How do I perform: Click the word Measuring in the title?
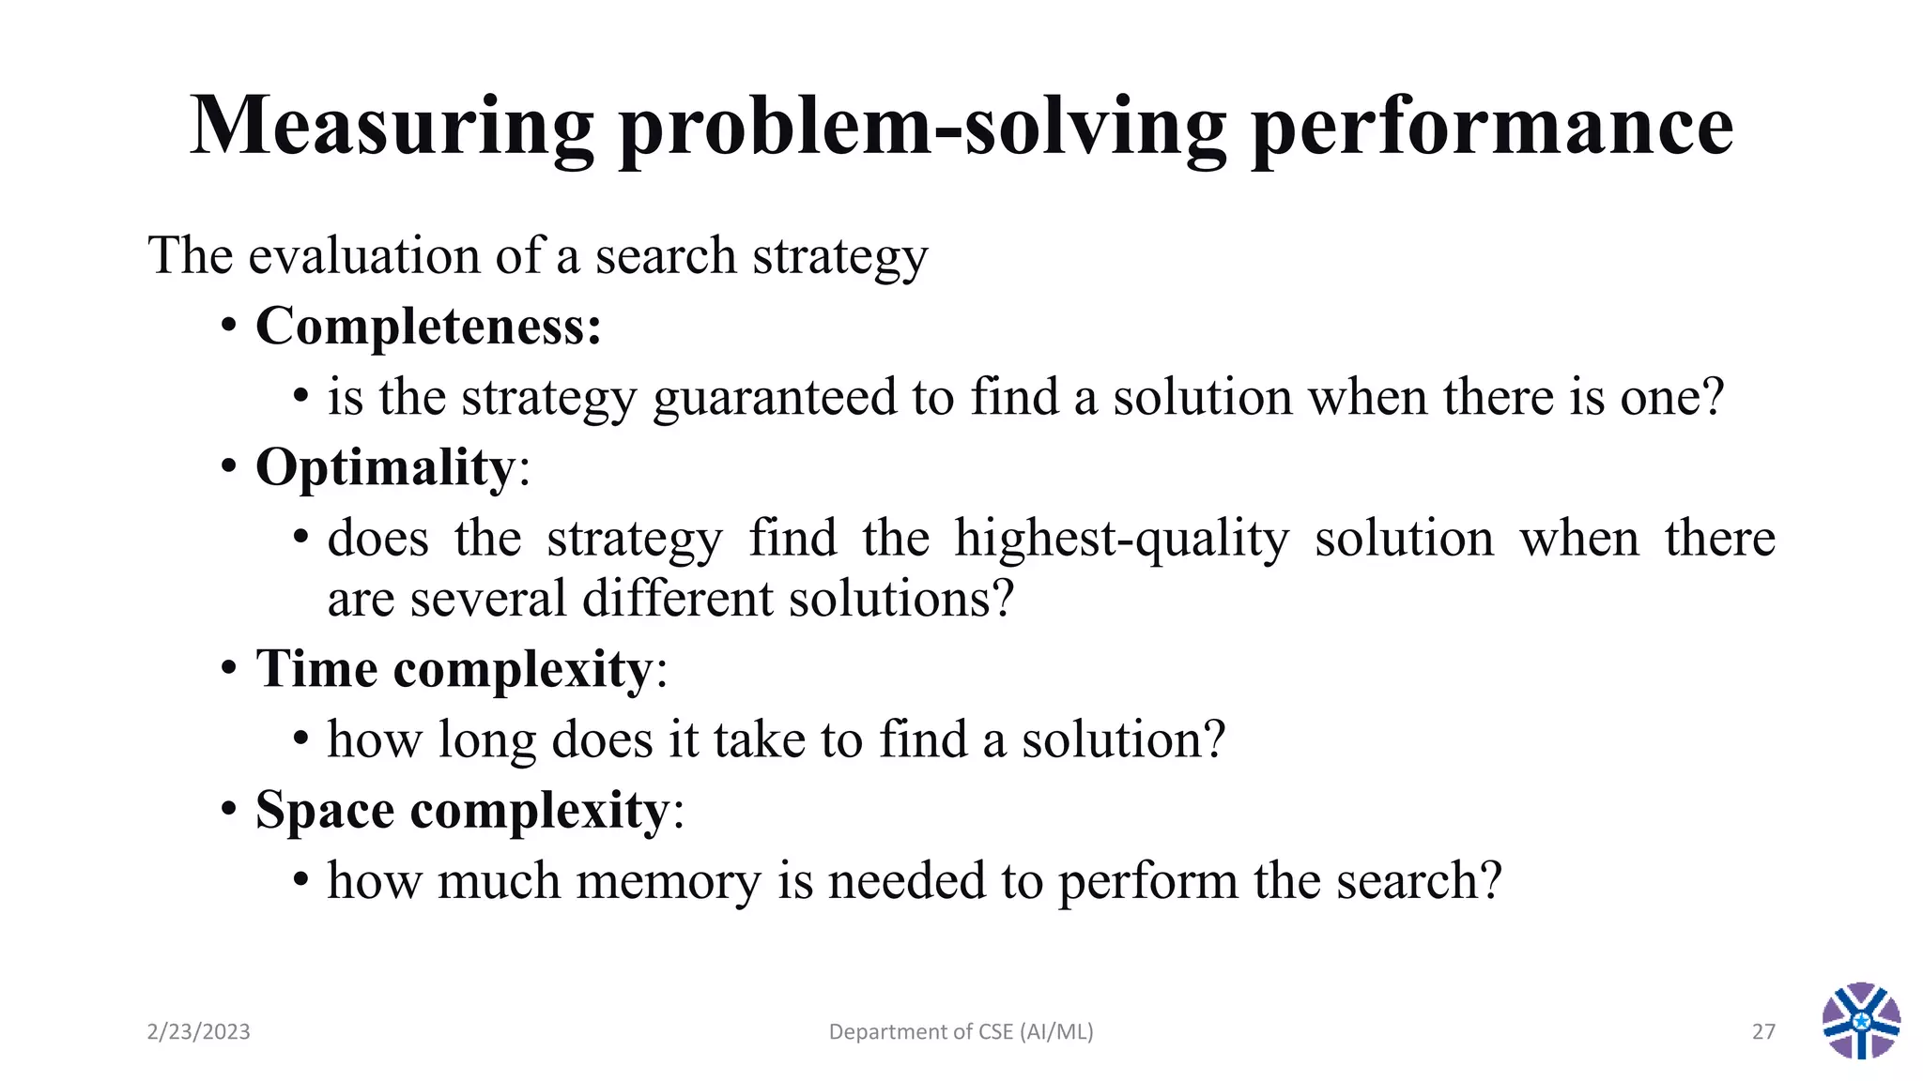tap(392, 127)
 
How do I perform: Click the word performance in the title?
tap(1492, 127)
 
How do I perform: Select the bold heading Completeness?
tap(428, 327)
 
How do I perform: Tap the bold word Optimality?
tap(385, 467)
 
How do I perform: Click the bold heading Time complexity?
tap(454, 669)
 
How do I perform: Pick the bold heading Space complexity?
tap(462, 810)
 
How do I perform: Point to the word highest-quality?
tap(1122, 539)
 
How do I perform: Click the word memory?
tap(668, 881)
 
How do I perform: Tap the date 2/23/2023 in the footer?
tap(199, 1032)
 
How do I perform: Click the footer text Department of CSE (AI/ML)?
tap(961, 1032)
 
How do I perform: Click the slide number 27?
tap(1763, 1032)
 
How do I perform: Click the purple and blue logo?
tap(1861, 1021)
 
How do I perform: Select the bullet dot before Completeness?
tap(228, 327)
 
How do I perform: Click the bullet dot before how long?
tap(300, 739)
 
